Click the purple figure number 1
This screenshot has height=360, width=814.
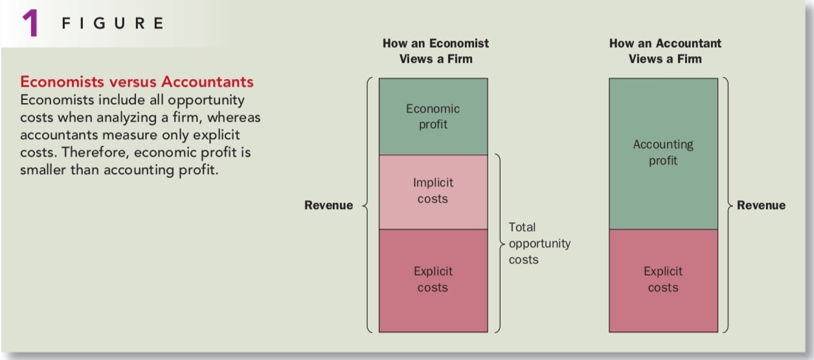click(30, 23)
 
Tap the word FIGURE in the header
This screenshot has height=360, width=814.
click(113, 23)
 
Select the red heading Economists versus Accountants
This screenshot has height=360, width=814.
click(137, 82)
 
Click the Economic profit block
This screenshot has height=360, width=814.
click(433, 117)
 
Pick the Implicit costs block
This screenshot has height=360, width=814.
click(433, 192)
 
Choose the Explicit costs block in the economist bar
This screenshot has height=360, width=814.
click(433, 280)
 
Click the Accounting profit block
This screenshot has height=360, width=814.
click(664, 153)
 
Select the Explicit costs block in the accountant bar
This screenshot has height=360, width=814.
click(664, 280)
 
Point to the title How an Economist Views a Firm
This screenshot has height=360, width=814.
click(436, 51)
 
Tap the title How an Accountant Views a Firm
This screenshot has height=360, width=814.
click(665, 51)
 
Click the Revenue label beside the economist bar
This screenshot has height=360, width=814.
click(328, 205)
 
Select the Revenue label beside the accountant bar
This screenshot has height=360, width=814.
click(761, 205)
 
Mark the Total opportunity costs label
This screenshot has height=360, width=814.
click(539, 243)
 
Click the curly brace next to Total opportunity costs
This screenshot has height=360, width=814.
click(501, 243)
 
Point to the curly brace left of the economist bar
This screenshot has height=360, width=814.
click(367, 205)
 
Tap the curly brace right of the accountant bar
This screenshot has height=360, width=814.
click(729, 205)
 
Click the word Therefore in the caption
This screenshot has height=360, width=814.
click(96, 152)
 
